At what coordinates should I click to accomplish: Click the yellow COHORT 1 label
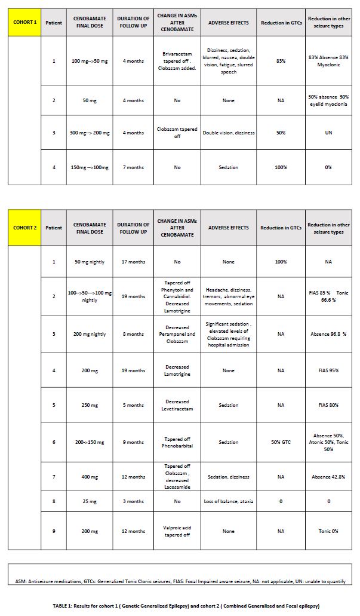coord(24,23)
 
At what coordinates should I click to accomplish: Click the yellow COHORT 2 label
coord(24,228)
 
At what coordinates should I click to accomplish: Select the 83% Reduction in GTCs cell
coord(281,61)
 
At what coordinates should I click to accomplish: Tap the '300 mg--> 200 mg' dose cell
coord(90,133)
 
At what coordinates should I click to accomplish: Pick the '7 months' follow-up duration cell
coord(133,167)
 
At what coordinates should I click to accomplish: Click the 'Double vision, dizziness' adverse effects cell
coord(229,133)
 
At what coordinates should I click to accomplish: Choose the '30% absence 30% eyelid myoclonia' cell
coord(328,100)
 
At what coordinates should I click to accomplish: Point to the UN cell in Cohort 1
coord(328,133)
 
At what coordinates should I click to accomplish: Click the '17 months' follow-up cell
coord(133,262)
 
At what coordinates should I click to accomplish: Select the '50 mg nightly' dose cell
coord(90,262)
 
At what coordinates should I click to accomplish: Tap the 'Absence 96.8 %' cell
coord(328,334)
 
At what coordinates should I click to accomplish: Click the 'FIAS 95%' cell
coord(328,370)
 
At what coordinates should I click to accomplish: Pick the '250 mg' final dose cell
coord(90,405)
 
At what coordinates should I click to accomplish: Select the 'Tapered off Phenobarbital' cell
coord(177,442)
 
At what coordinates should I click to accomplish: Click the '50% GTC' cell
coord(281,442)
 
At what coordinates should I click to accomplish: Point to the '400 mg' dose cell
coord(90,477)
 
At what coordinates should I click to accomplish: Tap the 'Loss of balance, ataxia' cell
coord(229,501)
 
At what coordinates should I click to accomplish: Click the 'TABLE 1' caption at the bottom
coord(180,606)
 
